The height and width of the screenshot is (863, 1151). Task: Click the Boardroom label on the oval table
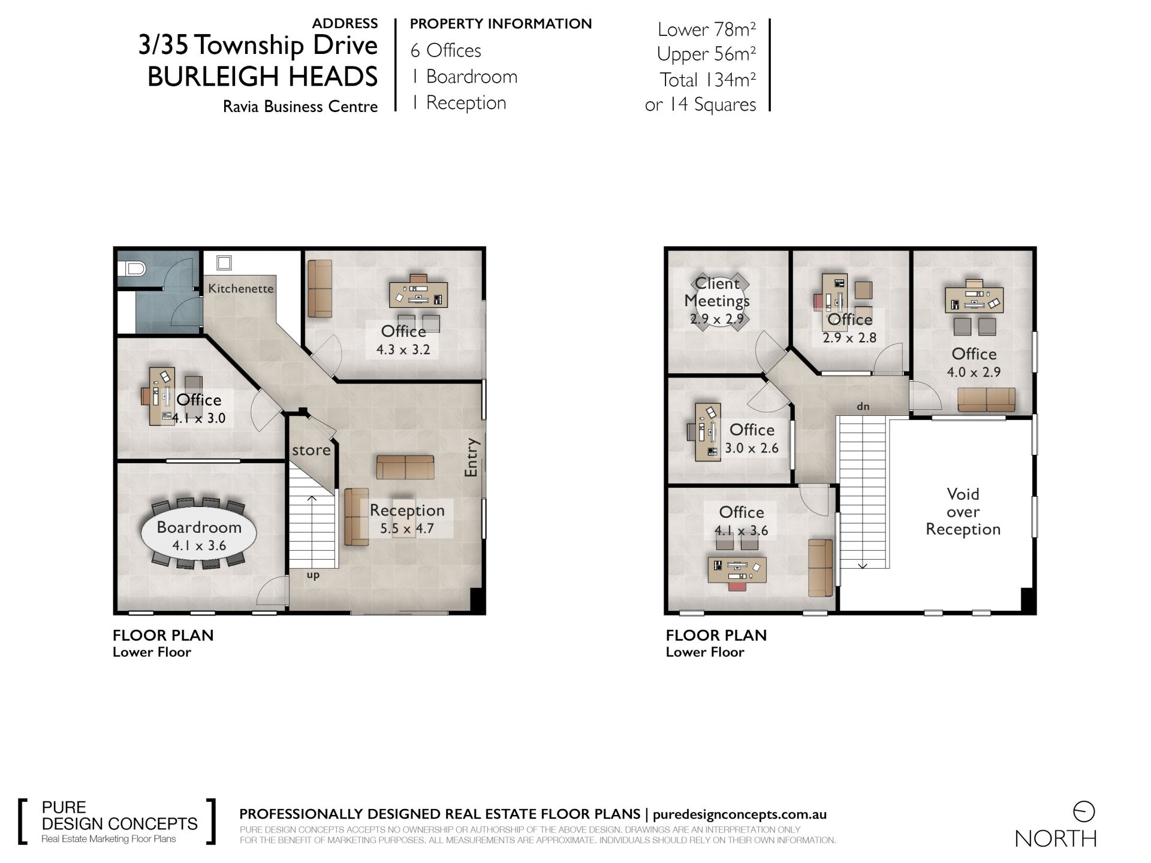point(199,527)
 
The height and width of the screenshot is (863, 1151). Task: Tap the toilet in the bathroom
point(132,270)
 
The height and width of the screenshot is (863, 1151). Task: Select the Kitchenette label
point(241,288)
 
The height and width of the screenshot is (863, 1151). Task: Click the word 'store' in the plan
point(311,450)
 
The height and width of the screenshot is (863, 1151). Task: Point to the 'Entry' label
point(472,458)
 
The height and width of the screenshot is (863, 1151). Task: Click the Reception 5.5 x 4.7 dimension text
point(407,529)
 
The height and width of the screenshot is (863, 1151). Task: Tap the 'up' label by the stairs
point(313,575)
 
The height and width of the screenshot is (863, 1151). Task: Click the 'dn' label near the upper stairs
point(863,406)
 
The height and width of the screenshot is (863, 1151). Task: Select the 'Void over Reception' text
point(963,512)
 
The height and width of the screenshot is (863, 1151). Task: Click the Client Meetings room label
point(717,292)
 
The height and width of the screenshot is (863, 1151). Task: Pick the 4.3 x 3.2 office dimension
point(403,350)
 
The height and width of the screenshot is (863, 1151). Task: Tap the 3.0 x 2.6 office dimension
point(752,448)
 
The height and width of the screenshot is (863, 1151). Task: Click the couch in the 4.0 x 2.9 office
point(986,400)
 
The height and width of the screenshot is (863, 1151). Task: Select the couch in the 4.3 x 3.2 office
point(320,288)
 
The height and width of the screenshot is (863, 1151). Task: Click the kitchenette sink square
point(224,262)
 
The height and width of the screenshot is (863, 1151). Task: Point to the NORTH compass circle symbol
point(1084,812)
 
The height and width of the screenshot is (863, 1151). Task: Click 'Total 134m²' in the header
point(708,80)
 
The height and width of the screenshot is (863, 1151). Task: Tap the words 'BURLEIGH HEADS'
point(263,77)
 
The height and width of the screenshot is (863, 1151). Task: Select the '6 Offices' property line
point(446,50)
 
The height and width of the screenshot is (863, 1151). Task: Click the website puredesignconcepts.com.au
point(740,814)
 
